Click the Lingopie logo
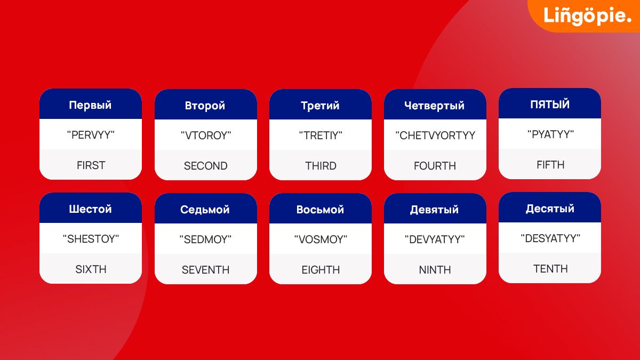pos(587,15)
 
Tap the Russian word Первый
pos(90,106)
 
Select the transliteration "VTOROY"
pos(206,135)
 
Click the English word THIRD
pos(321,166)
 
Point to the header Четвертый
pos(434,106)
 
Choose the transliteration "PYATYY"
pos(550,134)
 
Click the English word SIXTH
pos(91,269)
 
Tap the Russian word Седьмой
pos(205,210)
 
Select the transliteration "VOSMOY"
pos(321,239)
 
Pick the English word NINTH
pos(435,270)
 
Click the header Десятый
pos(550,209)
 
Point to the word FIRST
pos(91,165)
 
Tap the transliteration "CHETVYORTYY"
pos(435,135)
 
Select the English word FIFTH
pos(550,165)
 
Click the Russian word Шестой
pos(90,209)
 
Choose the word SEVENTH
pos(205,270)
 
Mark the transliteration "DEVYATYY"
pos(435,239)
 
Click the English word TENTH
pos(550,269)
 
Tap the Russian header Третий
pos(320,106)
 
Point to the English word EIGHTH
pos(321,270)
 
